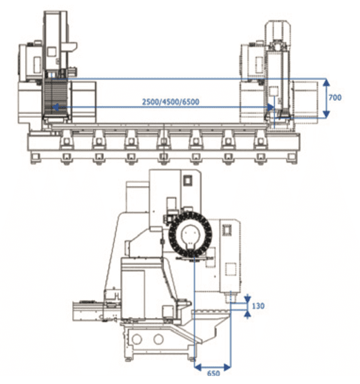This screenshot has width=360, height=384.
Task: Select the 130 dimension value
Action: (258, 306)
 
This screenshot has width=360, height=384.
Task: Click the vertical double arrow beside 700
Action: (326, 97)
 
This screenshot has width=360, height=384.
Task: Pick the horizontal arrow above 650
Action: (214, 364)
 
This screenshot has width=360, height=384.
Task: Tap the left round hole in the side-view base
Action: (139, 340)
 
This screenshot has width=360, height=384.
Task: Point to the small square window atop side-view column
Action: (188, 179)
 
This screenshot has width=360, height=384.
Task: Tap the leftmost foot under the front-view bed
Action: (35, 157)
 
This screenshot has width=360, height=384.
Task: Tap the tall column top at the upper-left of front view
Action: (55, 24)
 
